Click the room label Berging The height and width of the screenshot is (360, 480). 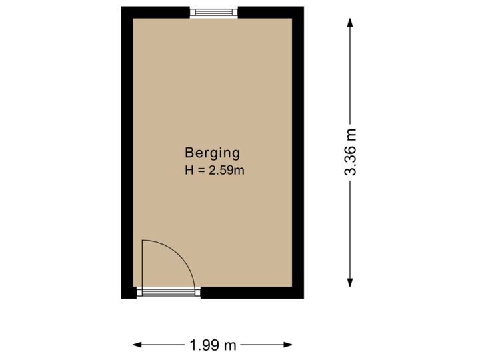213,153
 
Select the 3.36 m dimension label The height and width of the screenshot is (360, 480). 351,152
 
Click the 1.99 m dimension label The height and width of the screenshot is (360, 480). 213,345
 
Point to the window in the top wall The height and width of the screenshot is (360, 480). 213,12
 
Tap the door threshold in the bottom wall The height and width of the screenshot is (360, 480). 168,292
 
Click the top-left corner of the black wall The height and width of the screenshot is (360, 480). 123,9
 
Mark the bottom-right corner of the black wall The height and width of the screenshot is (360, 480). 301,296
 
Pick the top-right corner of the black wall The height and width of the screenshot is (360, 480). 301,9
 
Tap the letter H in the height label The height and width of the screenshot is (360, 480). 189,170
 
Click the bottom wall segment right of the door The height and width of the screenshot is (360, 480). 250,293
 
